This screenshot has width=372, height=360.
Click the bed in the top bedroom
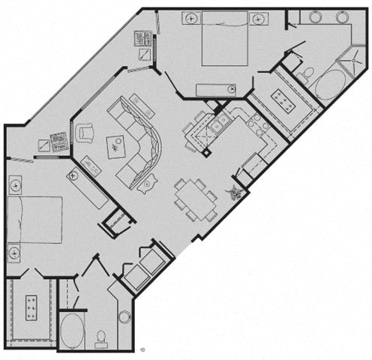pyautogui.click(x=224, y=42)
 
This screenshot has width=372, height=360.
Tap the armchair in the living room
pyautogui.click(x=84, y=133)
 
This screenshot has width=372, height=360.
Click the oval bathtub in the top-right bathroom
pyautogui.click(x=330, y=85)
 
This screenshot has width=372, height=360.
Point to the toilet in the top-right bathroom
pyautogui.click(x=307, y=72)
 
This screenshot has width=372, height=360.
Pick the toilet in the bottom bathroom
pyautogui.click(x=101, y=337)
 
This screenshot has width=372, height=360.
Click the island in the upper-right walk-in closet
pyautogui.click(x=284, y=97)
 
